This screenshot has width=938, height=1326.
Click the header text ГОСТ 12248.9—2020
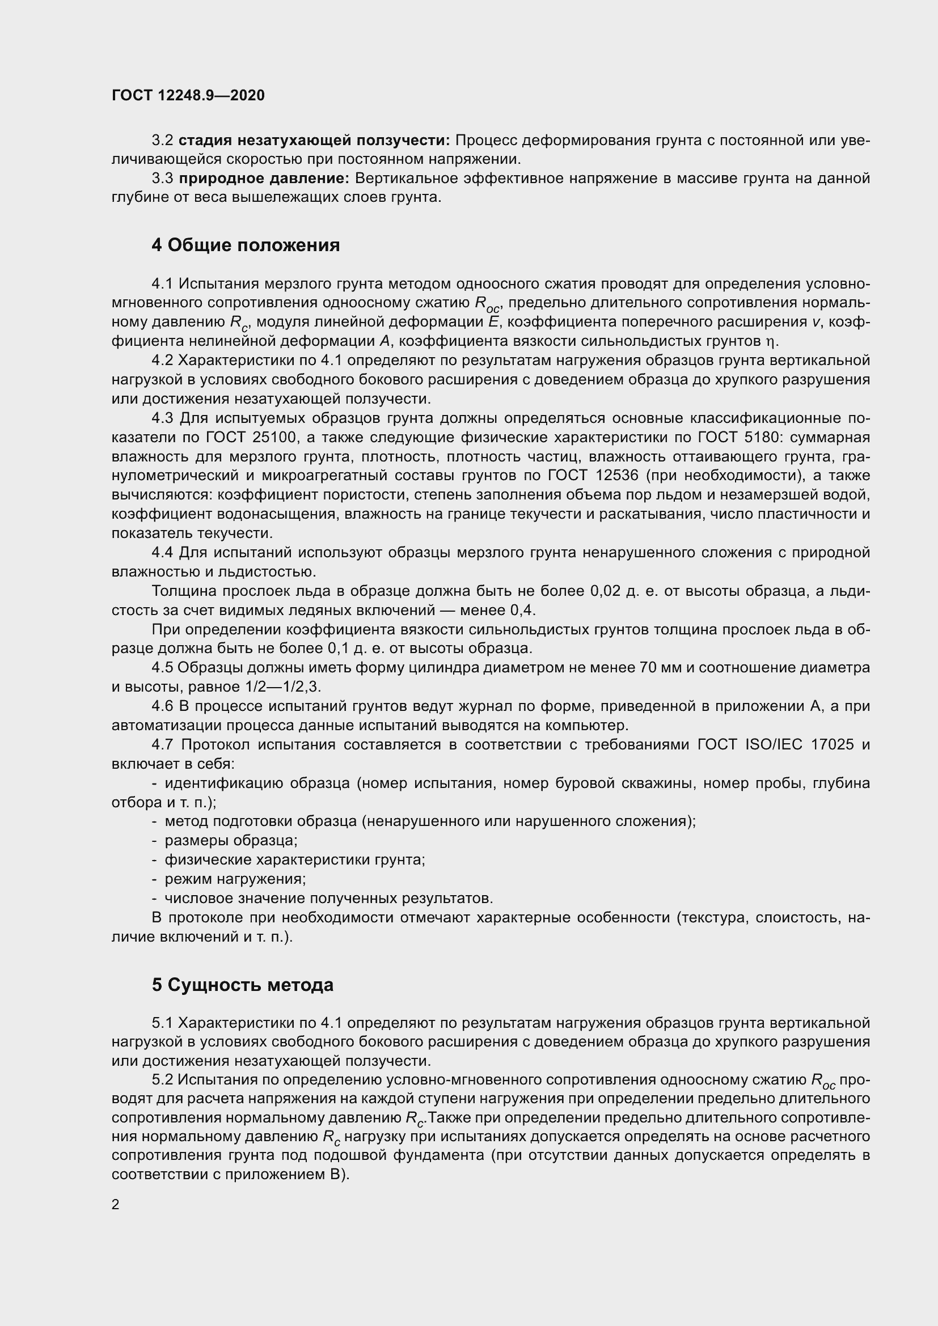pyautogui.click(x=188, y=95)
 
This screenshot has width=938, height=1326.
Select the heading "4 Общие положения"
pyautogui.click(x=246, y=245)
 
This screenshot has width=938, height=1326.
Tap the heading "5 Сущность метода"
pyautogui.click(x=243, y=985)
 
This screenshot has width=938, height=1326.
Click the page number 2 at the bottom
pyautogui.click(x=116, y=1205)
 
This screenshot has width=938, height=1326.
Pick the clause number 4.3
pyautogui.click(x=162, y=418)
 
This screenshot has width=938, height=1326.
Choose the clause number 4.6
pyautogui.click(x=162, y=706)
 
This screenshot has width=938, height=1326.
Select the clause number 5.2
pyautogui.click(x=162, y=1079)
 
